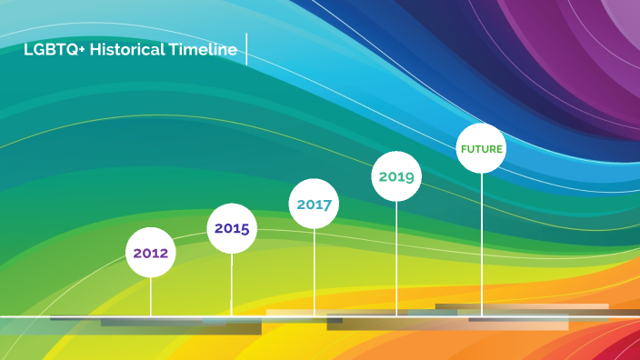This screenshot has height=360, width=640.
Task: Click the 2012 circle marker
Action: point(151,253)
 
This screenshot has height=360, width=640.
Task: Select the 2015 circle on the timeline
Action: point(232,228)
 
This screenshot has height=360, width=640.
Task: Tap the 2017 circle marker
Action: point(314,205)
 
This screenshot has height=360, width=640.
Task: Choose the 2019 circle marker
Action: point(396,176)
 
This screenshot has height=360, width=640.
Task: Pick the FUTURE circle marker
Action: point(481,148)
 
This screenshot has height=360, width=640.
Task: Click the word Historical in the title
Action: point(127,51)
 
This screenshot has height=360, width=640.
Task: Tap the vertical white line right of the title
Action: point(247,50)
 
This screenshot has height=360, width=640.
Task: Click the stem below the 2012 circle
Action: point(151,296)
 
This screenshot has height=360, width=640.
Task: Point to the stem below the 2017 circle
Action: point(315,272)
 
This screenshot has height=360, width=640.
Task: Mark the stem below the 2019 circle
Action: point(396,258)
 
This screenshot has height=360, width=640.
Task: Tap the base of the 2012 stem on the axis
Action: point(151,316)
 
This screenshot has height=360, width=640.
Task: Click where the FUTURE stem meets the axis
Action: point(482,316)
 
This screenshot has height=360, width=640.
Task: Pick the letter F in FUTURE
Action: point(464,148)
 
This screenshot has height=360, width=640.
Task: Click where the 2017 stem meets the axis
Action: point(315,316)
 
